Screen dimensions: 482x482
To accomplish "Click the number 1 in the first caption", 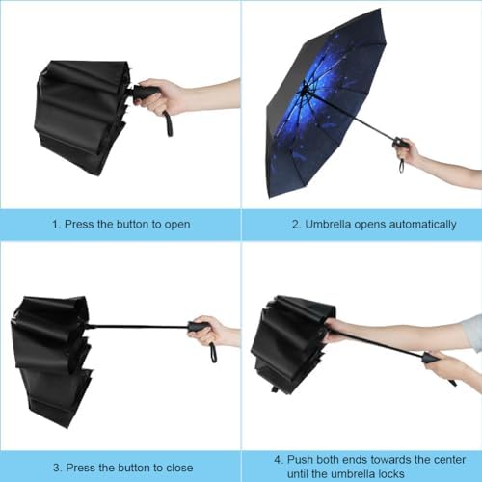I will (x=54, y=224).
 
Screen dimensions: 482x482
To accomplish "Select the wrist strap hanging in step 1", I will (x=168, y=123).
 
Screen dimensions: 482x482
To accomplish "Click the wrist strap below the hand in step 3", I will (x=212, y=351).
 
